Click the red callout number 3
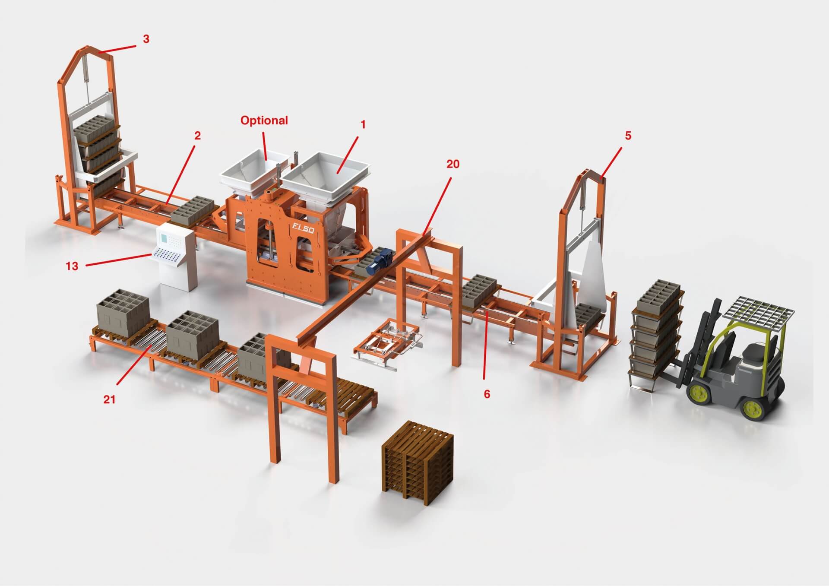click(x=146, y=39)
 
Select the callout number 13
click(x=72, y=266)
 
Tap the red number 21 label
click(x=110, y=399)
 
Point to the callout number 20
click(x=453, y=164)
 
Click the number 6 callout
click(x=487, y=394)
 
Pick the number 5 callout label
click(x=628, y=136)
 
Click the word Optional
click(x=264, y=120)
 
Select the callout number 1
click(x=363, y=125)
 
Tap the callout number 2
click(x=198, y=136)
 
